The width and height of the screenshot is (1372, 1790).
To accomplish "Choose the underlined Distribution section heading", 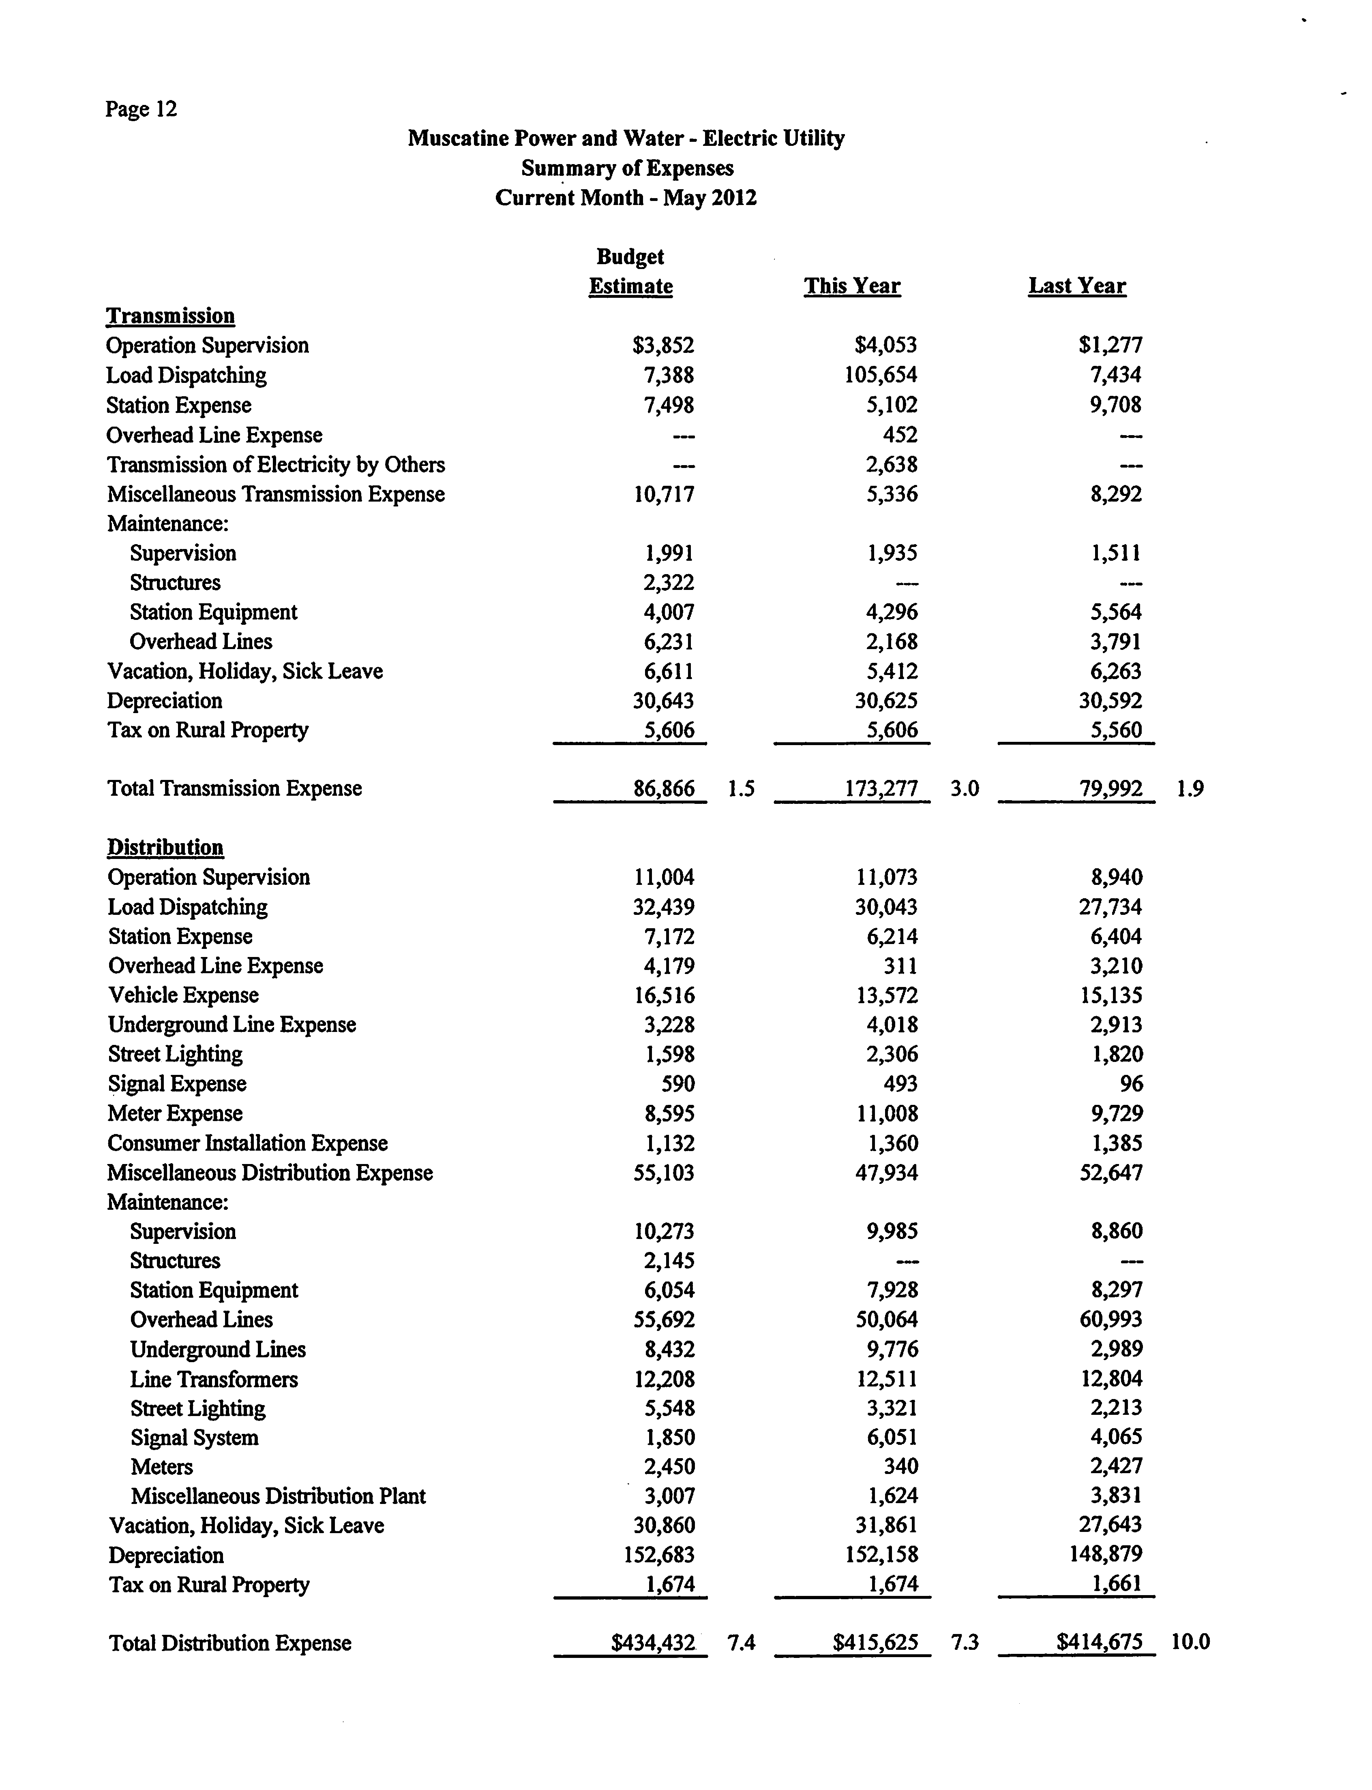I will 165,847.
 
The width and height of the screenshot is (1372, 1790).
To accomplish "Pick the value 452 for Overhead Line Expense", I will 900,435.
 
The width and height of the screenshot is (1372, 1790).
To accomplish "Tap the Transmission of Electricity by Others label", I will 276,464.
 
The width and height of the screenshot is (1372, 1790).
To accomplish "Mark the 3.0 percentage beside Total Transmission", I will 965,788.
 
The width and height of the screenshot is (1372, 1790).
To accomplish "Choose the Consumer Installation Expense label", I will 247,1143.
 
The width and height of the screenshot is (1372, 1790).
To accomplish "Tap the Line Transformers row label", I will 214,1379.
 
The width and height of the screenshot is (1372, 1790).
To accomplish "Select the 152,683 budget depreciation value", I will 659,1555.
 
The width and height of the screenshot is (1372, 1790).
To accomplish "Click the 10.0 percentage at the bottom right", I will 1190,1642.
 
